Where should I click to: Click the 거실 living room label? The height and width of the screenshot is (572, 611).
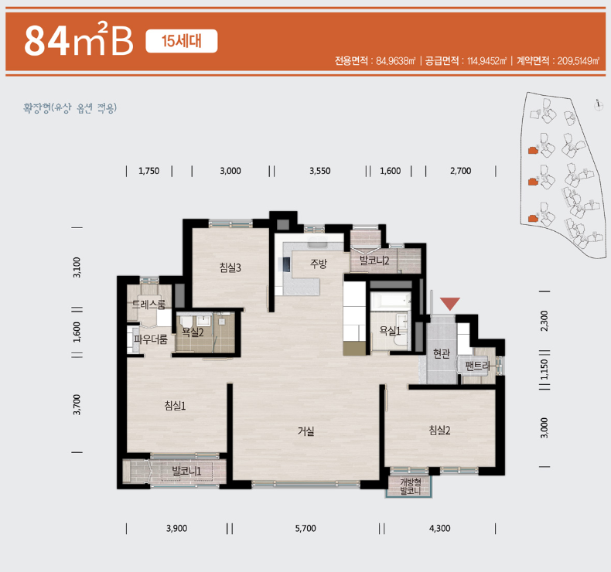coord(306,431)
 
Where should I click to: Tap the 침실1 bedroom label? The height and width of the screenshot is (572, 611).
coord(175,406)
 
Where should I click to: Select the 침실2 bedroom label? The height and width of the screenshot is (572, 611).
coord(439,431)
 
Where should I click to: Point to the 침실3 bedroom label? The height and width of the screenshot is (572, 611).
coord(230,267)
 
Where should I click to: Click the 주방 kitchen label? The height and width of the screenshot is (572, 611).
coord(319,264)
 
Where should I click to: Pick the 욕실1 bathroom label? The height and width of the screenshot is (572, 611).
coord(390,331)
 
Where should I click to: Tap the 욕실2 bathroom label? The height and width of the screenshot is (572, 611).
coord(193,332)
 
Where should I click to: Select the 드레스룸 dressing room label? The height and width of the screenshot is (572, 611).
coord(148,304)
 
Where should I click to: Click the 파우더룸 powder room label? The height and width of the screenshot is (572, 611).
coord(151,339)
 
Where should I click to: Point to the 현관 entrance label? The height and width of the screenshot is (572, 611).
coord(442,353)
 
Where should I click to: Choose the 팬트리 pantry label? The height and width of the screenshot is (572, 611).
coord(478,366)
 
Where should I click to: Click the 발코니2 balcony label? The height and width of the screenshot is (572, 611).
coord(374,260)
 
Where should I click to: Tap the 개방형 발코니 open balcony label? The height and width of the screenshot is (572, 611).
coord(411,487)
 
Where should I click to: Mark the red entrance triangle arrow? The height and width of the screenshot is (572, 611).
coord(450,303)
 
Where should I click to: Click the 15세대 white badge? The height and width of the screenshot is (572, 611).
coord(182,41)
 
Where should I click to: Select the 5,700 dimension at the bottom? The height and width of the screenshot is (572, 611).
coord(305,529)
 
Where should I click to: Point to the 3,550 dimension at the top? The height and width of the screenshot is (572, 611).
coord(320,171)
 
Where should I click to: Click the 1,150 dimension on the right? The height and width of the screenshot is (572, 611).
coord(544,369)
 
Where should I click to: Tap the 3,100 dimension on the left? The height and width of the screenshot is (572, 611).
coord(77,267)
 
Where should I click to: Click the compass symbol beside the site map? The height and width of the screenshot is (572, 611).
coord(599,105)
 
